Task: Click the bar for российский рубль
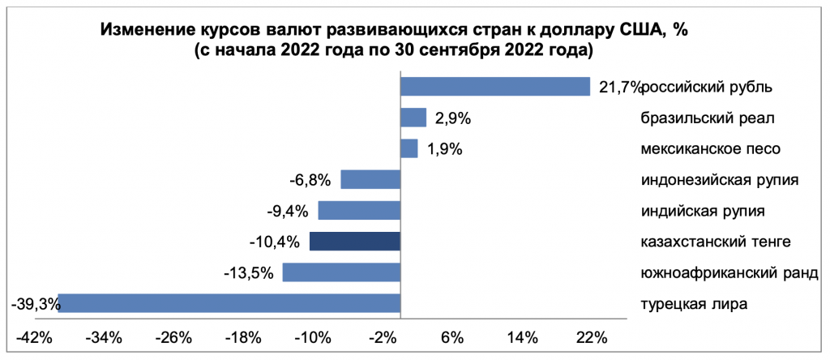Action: pyautogui.click(x=495, y=87)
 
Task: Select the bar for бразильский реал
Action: pyautogui.click(x=414, y=118)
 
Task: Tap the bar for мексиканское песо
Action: pyautogui.click(x=409, y=148)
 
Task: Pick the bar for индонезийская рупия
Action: pyautogui.click(x=371, y=179)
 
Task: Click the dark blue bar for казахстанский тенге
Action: pyautogui.click(x=355, y=242)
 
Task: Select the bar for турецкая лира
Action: pyautogui.click(x=229, y=303)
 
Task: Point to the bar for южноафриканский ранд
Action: pyautogui.click(x=341, y=272)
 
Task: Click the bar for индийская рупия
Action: pyautogui.click(x=360, y=211)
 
